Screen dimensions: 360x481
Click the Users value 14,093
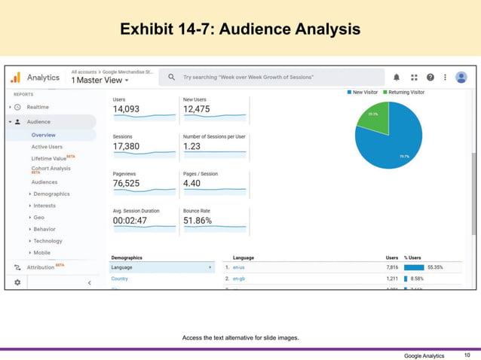point(127,109)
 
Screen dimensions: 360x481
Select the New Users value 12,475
point(198,109)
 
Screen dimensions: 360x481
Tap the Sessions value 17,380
point(126,146)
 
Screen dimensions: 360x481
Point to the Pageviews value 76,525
point(127,183)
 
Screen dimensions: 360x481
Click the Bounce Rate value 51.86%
point(198,221)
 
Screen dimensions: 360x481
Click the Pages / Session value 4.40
point(192,183)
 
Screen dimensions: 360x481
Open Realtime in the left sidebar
point(38,107)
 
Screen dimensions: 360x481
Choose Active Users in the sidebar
point(47,147)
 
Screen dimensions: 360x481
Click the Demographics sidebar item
point(51,194)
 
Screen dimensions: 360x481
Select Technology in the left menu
point(47,241)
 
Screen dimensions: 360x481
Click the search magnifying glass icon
point(172,77)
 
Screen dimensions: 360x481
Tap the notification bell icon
point(397,77)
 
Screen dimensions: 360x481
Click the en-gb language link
point(238,279)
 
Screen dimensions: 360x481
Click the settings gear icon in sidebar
point(17,282)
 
